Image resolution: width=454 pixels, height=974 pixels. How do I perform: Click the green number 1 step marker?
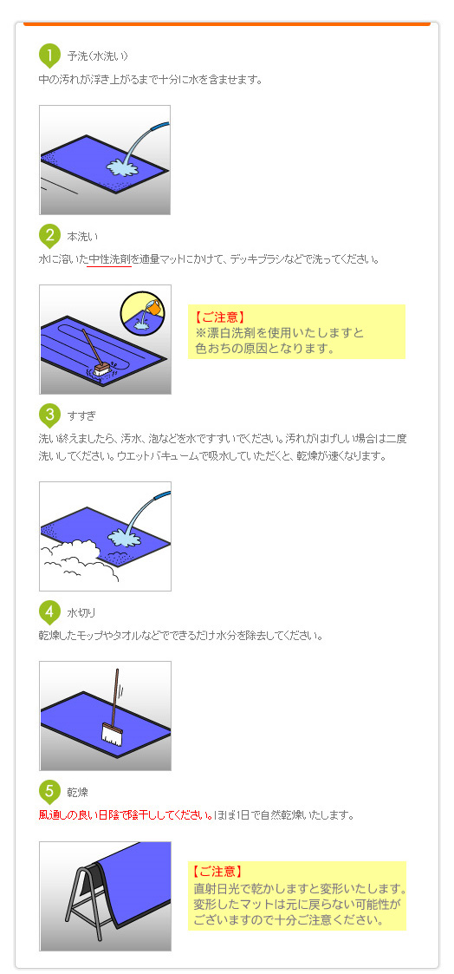tap(49, 56)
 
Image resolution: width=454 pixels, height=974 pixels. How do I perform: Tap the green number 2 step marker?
tap(49, 235)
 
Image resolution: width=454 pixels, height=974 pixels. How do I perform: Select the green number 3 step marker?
tap(49, 415)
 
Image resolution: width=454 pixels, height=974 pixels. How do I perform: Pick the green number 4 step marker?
tap(49, 611)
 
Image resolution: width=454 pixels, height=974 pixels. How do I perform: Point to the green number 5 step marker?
tap(49, 791)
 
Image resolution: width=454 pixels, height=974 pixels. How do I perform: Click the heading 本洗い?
tap(83, 236)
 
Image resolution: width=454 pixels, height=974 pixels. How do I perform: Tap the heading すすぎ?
tap(82, 415)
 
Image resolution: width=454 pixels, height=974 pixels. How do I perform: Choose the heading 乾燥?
tap(78, 792)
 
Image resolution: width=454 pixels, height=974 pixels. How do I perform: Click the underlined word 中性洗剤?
tap(109, 258)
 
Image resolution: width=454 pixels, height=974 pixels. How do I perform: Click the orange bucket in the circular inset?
tap(152, 307)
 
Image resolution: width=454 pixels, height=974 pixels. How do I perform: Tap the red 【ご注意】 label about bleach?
tap(220, 317)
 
